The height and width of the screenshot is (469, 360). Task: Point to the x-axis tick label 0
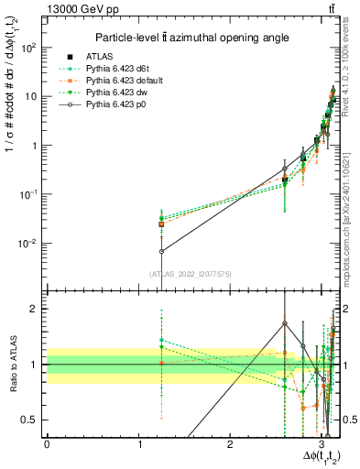click(47, 444)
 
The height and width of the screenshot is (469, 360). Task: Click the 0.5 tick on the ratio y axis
click(34, 420)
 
